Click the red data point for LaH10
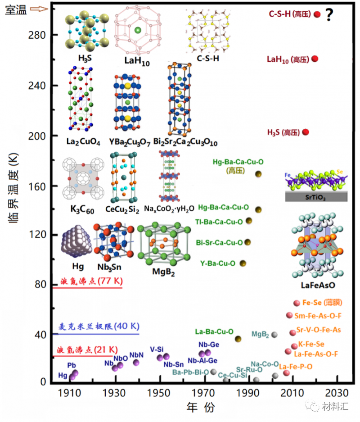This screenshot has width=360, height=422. tap(315, 59)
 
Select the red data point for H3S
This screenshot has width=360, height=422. tap(306, 132)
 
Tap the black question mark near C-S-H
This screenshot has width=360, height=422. tap(329, 16)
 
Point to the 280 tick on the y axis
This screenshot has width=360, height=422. tap(40, 35)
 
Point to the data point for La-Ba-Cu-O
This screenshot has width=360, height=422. tap(238, 339)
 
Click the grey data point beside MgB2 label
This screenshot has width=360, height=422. tap(274, 335)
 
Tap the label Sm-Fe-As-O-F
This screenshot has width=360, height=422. tap(320, 315)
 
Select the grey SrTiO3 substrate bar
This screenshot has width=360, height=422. tap(315, 196)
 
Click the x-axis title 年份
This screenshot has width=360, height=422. tap(201, 408)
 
